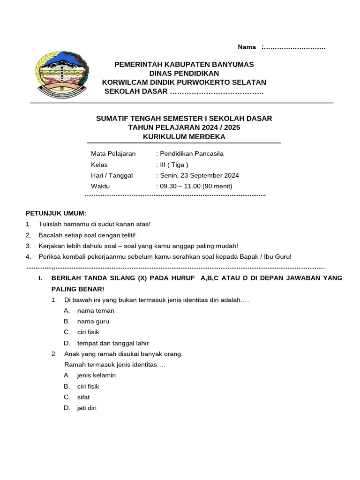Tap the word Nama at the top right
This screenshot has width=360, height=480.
(x=247, y=47)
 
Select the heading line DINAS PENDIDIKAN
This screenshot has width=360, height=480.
(x=184, y=73)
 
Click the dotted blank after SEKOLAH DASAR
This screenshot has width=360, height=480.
(x=217, y=91)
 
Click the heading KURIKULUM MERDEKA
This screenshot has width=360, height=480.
(x=184, y=136)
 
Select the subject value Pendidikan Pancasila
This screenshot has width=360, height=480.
(x=191, y=154)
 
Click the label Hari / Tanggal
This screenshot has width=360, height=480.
(x=112, y=175)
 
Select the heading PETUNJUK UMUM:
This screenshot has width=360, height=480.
(x=56, y=213)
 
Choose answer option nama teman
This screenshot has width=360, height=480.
(x=96, y=311)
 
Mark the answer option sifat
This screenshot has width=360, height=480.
(x=83, y=397)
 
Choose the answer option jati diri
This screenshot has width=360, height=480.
(x=87, y=408)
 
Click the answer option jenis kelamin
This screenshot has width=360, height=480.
(x=96, y=375)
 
